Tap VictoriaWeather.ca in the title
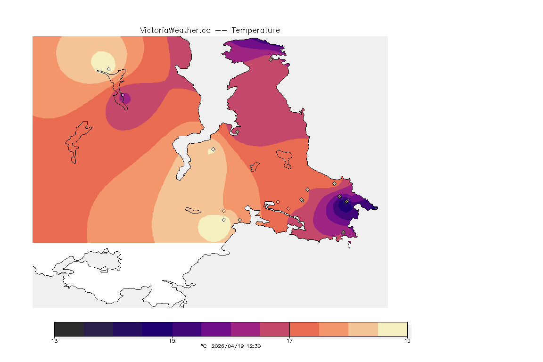coord(175,30)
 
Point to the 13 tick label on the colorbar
coord(55,341)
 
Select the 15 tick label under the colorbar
coord(172,341)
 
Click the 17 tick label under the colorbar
coord(289,341)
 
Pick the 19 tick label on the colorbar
coord(407,341)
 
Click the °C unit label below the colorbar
coord(204,346)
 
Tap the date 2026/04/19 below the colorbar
coord(228,346)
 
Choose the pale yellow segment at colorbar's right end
coord(393,329)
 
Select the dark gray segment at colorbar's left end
coord(69,329)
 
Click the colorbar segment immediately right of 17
coord(304,329)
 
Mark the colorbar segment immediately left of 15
coord(157,329)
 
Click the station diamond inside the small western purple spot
coord(123,96)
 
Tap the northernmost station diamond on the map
coord(271,59)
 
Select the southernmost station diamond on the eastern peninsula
coord(343,232)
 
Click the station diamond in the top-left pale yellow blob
coord(109,69)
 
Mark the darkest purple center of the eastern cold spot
coord(345,205)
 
